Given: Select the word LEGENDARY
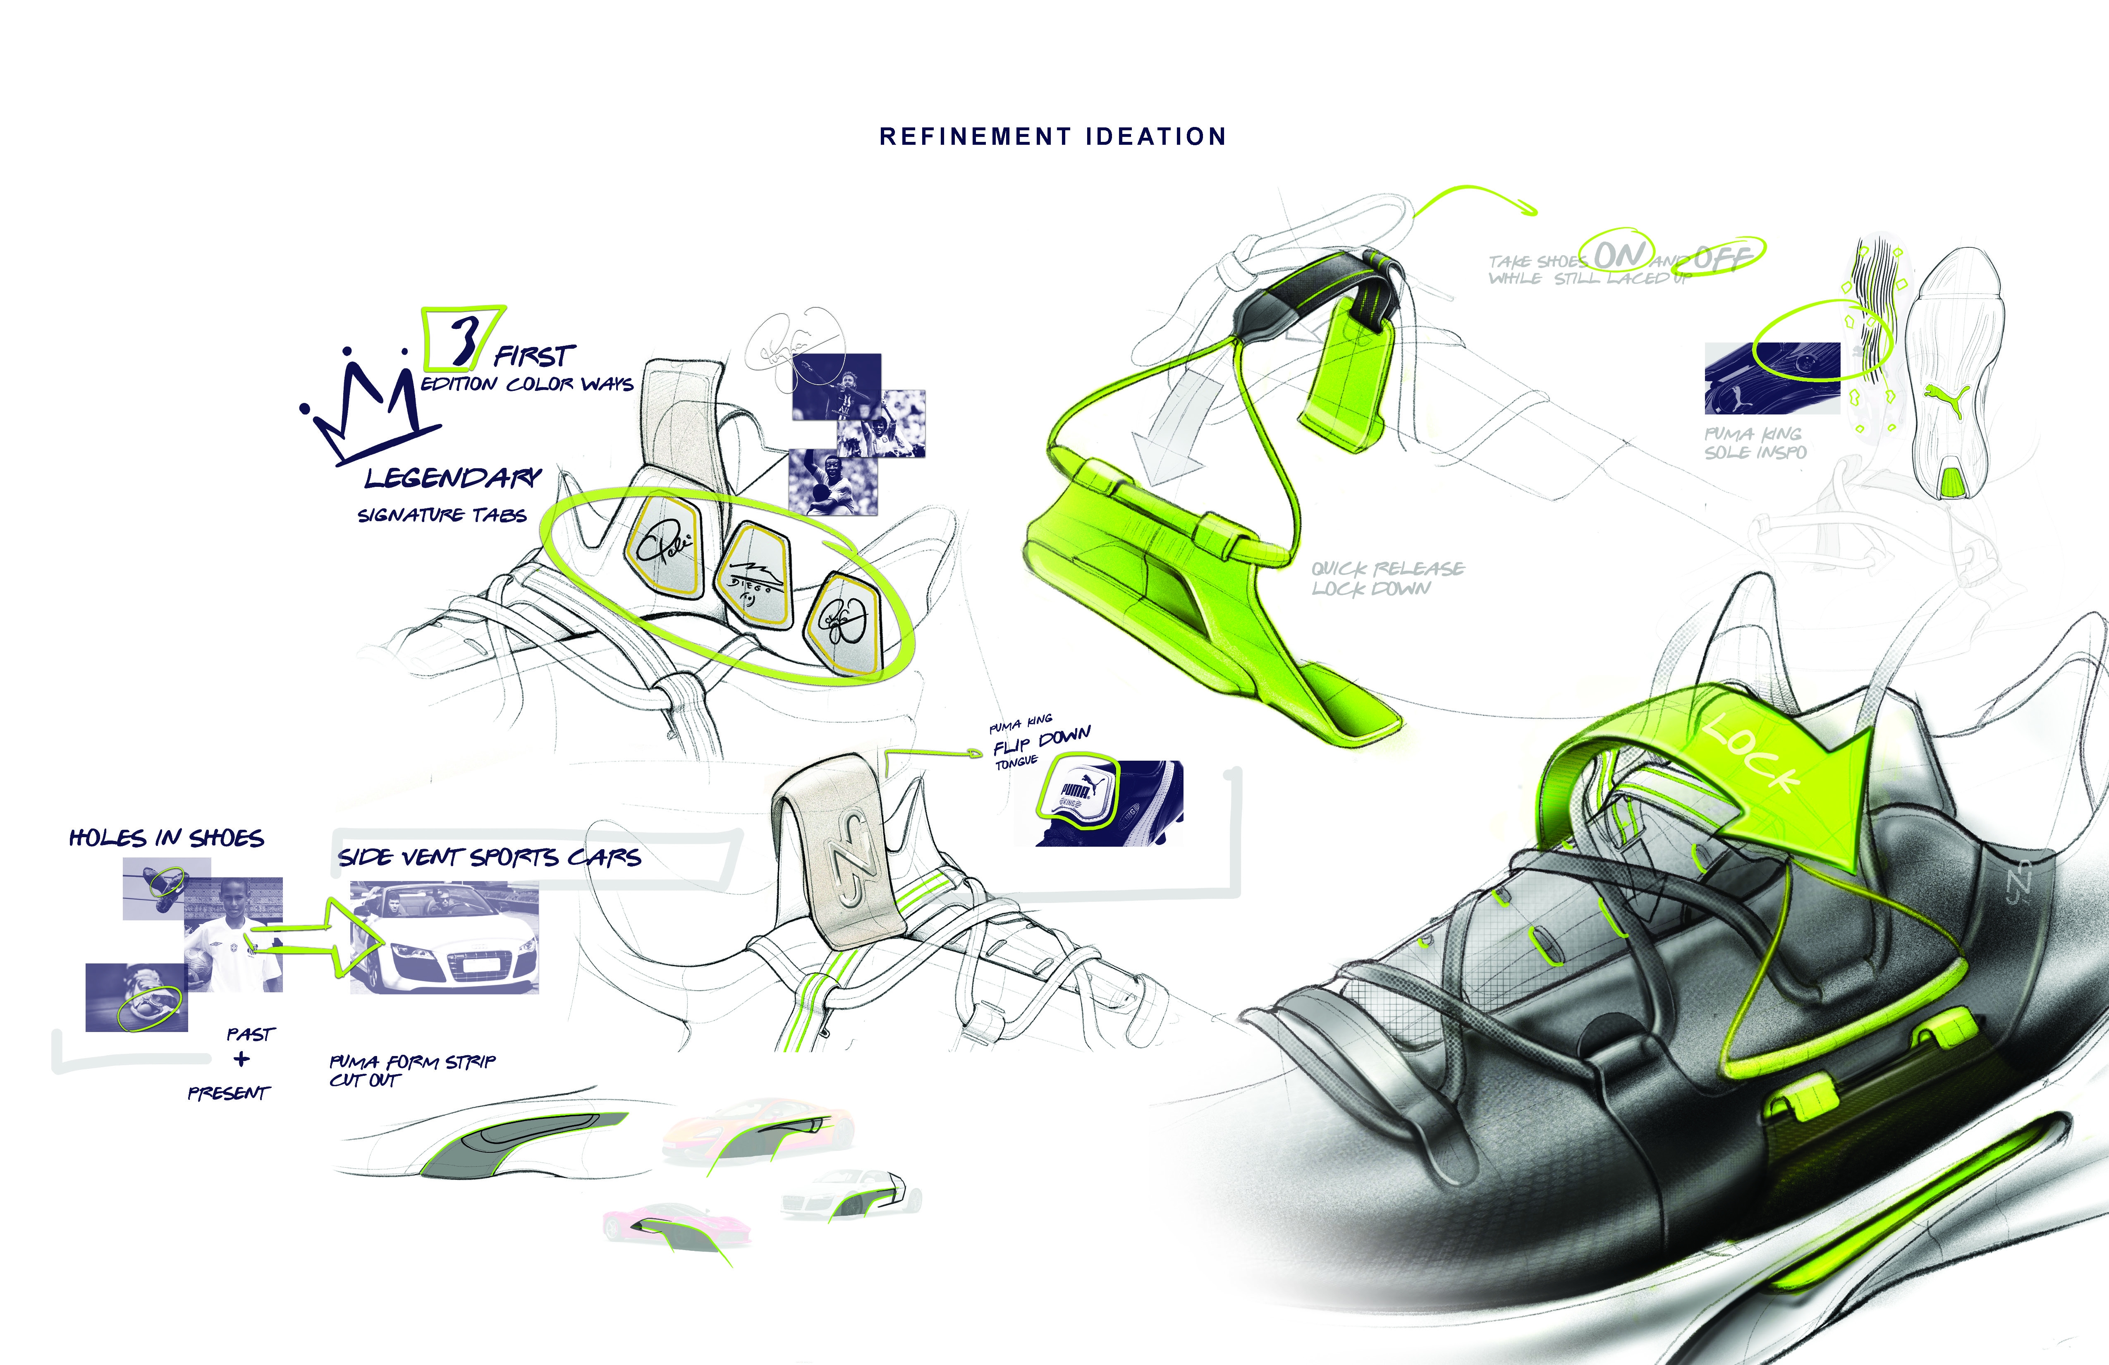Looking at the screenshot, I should coord(452,479).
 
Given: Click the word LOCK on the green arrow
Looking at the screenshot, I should coord(1750,753).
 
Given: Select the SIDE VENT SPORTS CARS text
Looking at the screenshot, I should coord(489,857).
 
